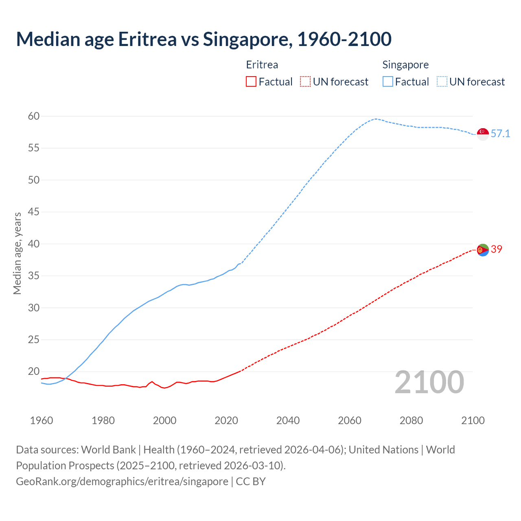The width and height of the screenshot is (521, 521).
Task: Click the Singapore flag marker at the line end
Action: point(483,134)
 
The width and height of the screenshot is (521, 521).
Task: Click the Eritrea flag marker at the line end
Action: point(483,250)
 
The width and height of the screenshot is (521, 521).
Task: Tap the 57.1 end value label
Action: point(500,134)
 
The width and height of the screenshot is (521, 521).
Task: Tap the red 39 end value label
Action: point(497,249)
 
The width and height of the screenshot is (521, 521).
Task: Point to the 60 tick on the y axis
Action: point(34,116)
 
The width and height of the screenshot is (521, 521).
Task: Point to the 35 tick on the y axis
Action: point(34,276)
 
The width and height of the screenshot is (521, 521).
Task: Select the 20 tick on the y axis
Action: point(34,371)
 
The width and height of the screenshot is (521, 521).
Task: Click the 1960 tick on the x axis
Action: point(42,420)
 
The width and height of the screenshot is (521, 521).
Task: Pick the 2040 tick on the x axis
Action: point(288,420)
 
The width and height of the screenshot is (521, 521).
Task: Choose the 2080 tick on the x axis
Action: point(411,420)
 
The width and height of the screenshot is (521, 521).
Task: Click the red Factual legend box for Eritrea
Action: point(251,82)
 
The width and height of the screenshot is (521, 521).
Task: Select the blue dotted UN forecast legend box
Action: point(442,82)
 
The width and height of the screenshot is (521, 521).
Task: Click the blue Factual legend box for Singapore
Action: point(388,82)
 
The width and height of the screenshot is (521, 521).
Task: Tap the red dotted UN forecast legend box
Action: point(305,82)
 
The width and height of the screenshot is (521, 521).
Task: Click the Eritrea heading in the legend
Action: point(262,65)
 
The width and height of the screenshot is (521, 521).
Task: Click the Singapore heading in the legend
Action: point(405,65)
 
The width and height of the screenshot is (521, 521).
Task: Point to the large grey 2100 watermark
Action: point(429,382)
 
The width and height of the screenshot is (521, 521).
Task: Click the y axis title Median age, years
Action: point(17,253)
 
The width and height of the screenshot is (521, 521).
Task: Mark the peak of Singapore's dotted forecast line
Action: point(375,119)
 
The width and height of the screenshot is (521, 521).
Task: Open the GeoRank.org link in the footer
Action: point(122,482)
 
